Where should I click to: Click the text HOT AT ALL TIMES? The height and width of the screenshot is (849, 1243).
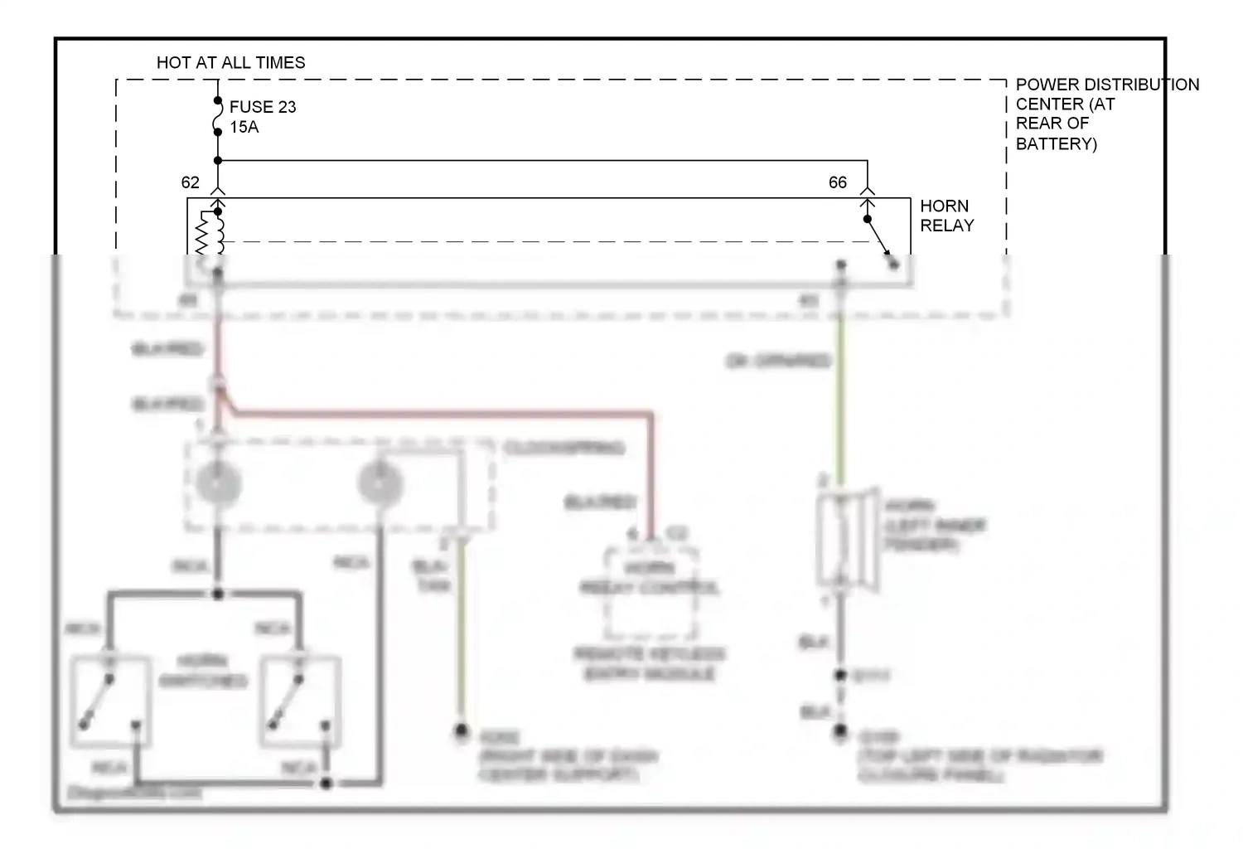click(x=230, y=63)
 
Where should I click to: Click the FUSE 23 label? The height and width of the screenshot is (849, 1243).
click(x=263, y=107)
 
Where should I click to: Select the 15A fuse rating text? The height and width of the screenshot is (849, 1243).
click(x=244, y=127)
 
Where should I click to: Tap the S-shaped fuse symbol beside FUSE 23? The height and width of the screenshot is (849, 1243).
click(x=218, y=116)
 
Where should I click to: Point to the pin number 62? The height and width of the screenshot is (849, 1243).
click(x=190, y=182)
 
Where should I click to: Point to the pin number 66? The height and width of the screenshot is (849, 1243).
click(x=838, y=182)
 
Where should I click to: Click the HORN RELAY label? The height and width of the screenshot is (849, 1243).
click(x=946, y=216)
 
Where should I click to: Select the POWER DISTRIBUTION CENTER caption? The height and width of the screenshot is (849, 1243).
click(x=1105, y=114)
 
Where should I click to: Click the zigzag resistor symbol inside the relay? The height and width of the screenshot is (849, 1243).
click(x=201, y=234)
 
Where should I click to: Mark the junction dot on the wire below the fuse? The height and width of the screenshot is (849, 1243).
click(x=218, y=160)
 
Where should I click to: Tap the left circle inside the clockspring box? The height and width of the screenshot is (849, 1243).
click(x=218, y=483)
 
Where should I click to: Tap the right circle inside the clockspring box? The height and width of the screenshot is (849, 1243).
click(x=380, y=483)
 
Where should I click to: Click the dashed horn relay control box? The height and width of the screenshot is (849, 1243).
click(x=651, y=590)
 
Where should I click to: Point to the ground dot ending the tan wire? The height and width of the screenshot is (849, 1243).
click(x=461, y=731)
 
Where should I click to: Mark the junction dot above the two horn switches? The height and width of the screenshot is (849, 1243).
click(x=218, y=594)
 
